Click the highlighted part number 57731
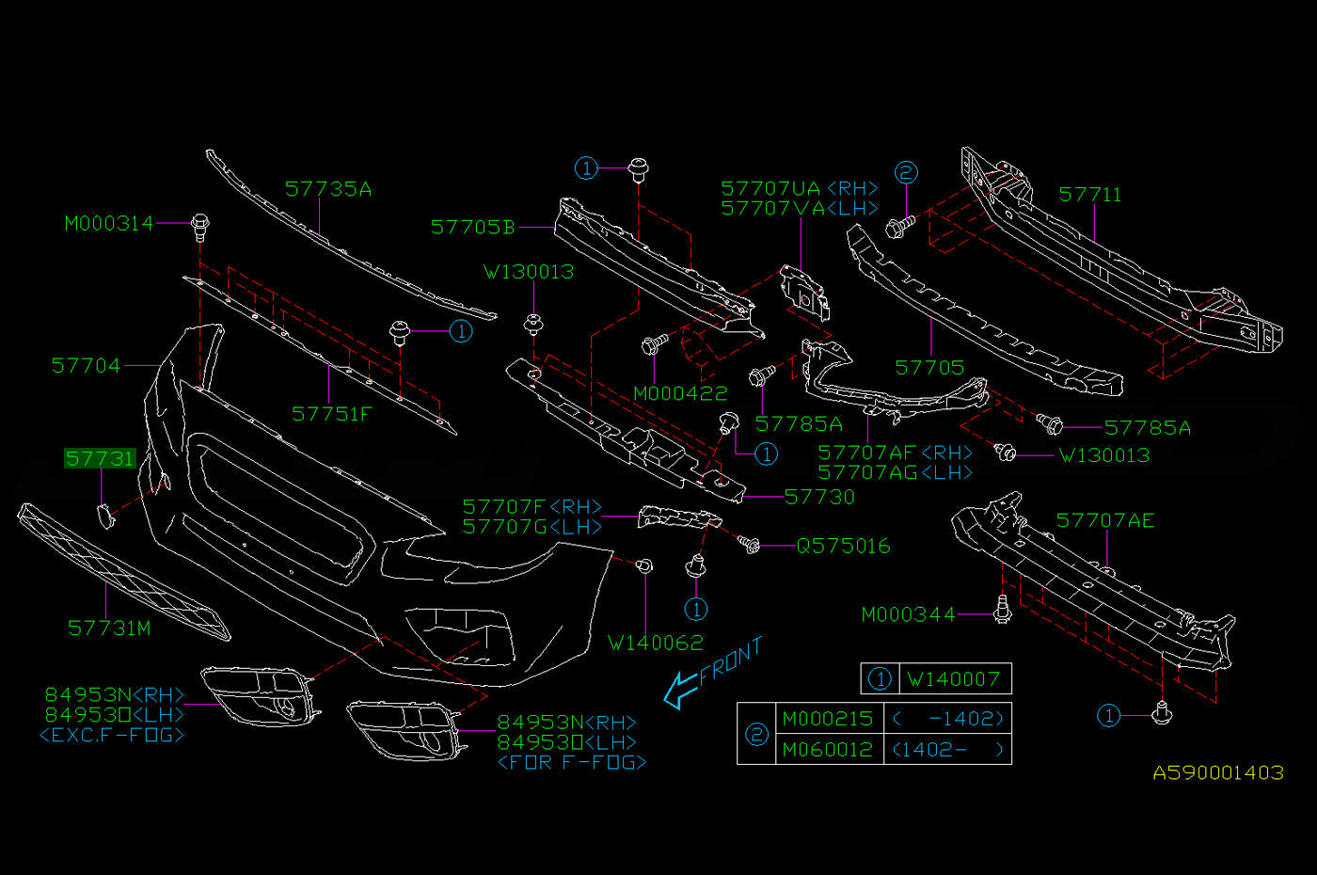pyautogui.click(x=100, y=459)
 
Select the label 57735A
pyautogui.click(x=328, y=189)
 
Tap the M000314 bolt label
pyautogui.click(x=109, y=224)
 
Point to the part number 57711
pyautogui.click(x=1090, y=195)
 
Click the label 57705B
pyautogui.click(x=472, y=227)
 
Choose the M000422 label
pyautogui.click(x=680, y=393)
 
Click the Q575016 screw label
pyautogui.click(x=843, y=547)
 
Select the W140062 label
pyautogui.click(x=656, y=643)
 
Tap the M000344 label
pyautogui.click(x=909, y=614)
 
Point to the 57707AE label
pyautogui.click(x=1105, y=520)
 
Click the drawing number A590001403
pyautogui.click(x=1218, y=772)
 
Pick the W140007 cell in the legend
pyautogui.click(x=954, y=679)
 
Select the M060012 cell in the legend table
pyautogui.click(x=827, y=750)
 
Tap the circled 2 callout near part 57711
pyautogui.click(x=906, y=172)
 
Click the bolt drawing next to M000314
pyautogui.click(x=200, y=228)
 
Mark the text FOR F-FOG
pyautogui.click(x=572, y=763)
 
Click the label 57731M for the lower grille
pyautogui.click(x=109, y=628)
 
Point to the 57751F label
pyautogui.click(x=332, y=415)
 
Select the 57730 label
pyautogui.click(x=819, y=498)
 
